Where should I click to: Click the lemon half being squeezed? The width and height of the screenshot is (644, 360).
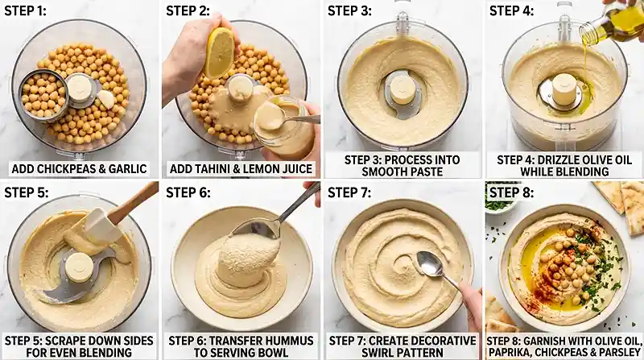[219, 51]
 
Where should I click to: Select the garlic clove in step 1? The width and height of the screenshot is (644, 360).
[105, 99]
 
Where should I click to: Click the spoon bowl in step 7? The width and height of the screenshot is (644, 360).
[429, 262]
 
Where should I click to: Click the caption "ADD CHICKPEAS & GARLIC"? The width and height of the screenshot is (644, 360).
[79, 168]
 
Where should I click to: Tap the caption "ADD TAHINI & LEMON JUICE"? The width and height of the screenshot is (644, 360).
[241, 168]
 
